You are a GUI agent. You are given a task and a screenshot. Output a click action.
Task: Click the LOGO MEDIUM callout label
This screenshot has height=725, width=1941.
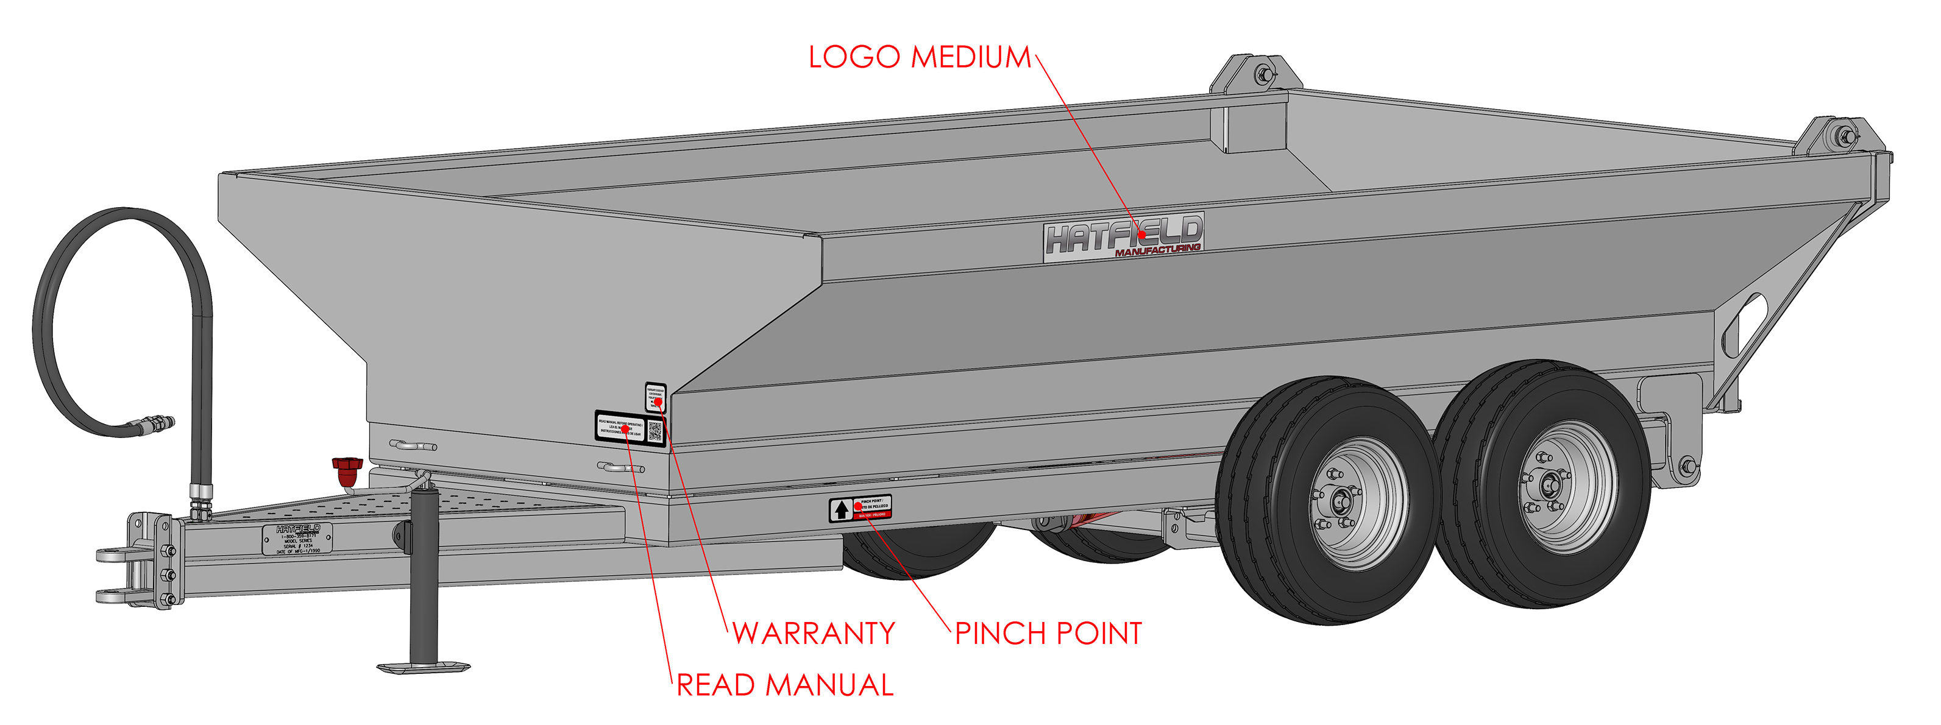pyautogui.click(x=919, y=57)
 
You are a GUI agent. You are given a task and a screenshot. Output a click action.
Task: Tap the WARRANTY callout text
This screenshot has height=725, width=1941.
pyautogui.click(x=814, y=633)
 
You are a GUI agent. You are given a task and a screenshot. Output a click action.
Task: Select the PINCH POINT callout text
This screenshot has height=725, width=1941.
pyautogui.click(x=1048, y=633)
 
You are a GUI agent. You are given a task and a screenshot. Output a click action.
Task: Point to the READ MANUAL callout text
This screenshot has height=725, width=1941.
pyautogui.click(x=784, y=685)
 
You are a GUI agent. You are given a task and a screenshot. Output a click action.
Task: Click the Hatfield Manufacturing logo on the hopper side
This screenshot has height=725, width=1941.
pyautogui.click(x=1123, y=238)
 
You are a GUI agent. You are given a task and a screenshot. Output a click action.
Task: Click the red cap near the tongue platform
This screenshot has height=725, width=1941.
pyautogui.click(x=347, y=472)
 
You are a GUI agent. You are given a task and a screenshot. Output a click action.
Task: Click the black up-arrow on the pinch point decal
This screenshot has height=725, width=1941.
pyautogui.click(x=841, y=510)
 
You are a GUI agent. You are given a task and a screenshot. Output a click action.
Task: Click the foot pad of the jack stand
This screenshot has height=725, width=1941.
pyautogui.click(x=424, y=667)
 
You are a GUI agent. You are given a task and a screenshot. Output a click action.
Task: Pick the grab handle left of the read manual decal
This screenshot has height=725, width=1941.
pyautogui.click(x=413, y=445)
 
